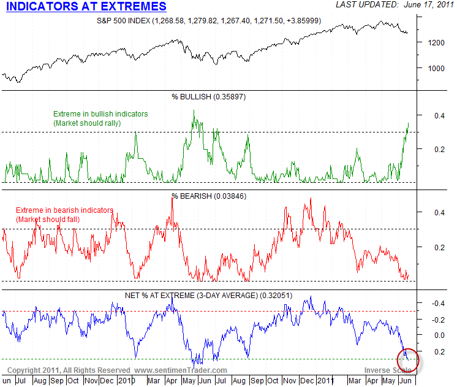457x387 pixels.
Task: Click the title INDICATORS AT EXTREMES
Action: (x=86, y=7)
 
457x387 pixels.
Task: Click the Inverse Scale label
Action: (x=388, y=370)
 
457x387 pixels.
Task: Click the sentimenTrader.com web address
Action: (x=181, y=370)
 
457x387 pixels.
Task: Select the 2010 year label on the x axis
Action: (x=127, y=380)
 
